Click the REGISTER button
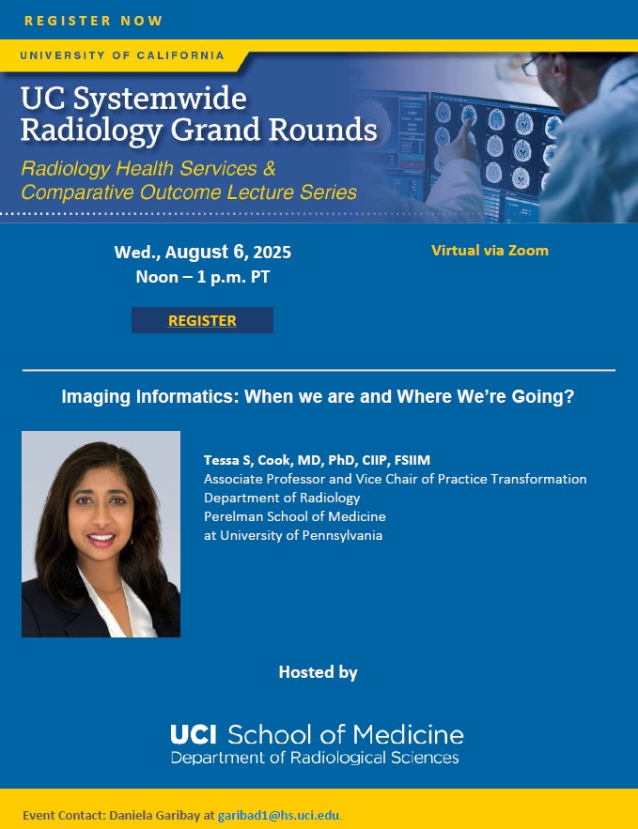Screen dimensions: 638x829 (202, 320)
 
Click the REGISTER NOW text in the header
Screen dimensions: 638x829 (93, 21)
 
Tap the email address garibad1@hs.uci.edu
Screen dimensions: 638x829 (279, 815)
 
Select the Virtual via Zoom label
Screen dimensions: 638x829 (490, 251)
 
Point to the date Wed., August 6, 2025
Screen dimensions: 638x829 (203, 253)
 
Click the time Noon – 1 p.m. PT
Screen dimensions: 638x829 (203, 277)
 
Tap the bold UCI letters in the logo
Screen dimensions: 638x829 (194, 735)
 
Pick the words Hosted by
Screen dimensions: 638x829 (318, 672)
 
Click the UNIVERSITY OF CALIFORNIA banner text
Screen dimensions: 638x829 (122, 55)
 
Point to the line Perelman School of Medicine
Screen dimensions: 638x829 (295, 516)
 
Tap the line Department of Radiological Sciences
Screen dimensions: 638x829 (315, 758)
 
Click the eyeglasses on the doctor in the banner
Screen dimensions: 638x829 (532, 65)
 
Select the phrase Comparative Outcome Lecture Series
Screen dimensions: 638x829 (189, 192)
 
